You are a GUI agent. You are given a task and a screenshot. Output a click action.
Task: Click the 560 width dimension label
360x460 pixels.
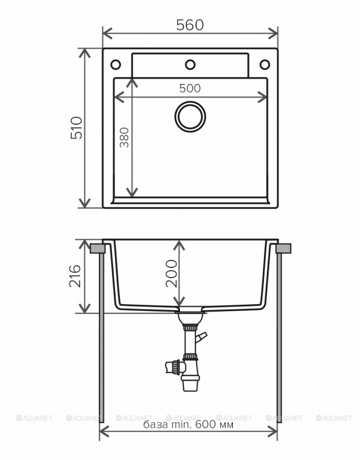(x=190, y=25)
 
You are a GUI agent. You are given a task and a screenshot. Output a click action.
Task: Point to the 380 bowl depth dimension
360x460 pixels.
(x=124, y=137)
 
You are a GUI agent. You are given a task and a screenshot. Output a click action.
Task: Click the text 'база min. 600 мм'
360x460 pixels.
(x=188, y=425)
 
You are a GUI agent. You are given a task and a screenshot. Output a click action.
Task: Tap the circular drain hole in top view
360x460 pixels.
(x=190, y=116)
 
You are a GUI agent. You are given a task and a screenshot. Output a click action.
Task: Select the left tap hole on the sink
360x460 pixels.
(x=115, y=63)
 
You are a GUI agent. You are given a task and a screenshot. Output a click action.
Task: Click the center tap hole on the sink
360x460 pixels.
(x=190, y=63)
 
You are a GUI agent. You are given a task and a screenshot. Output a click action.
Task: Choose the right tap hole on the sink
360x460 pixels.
(x=265, y=63)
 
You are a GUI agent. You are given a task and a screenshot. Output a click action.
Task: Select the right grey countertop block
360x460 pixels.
(x=284, y=248)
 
